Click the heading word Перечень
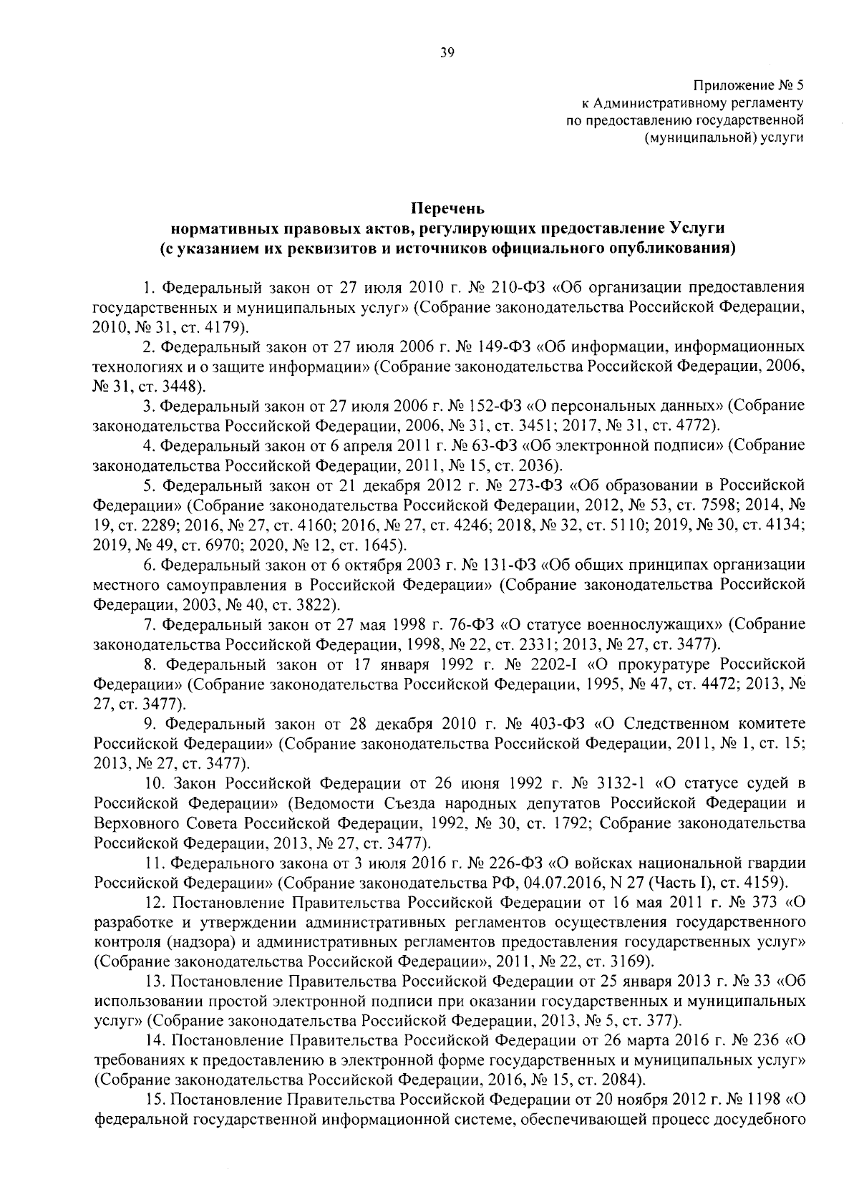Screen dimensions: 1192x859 448,210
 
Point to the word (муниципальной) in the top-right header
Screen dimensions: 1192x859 702,137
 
